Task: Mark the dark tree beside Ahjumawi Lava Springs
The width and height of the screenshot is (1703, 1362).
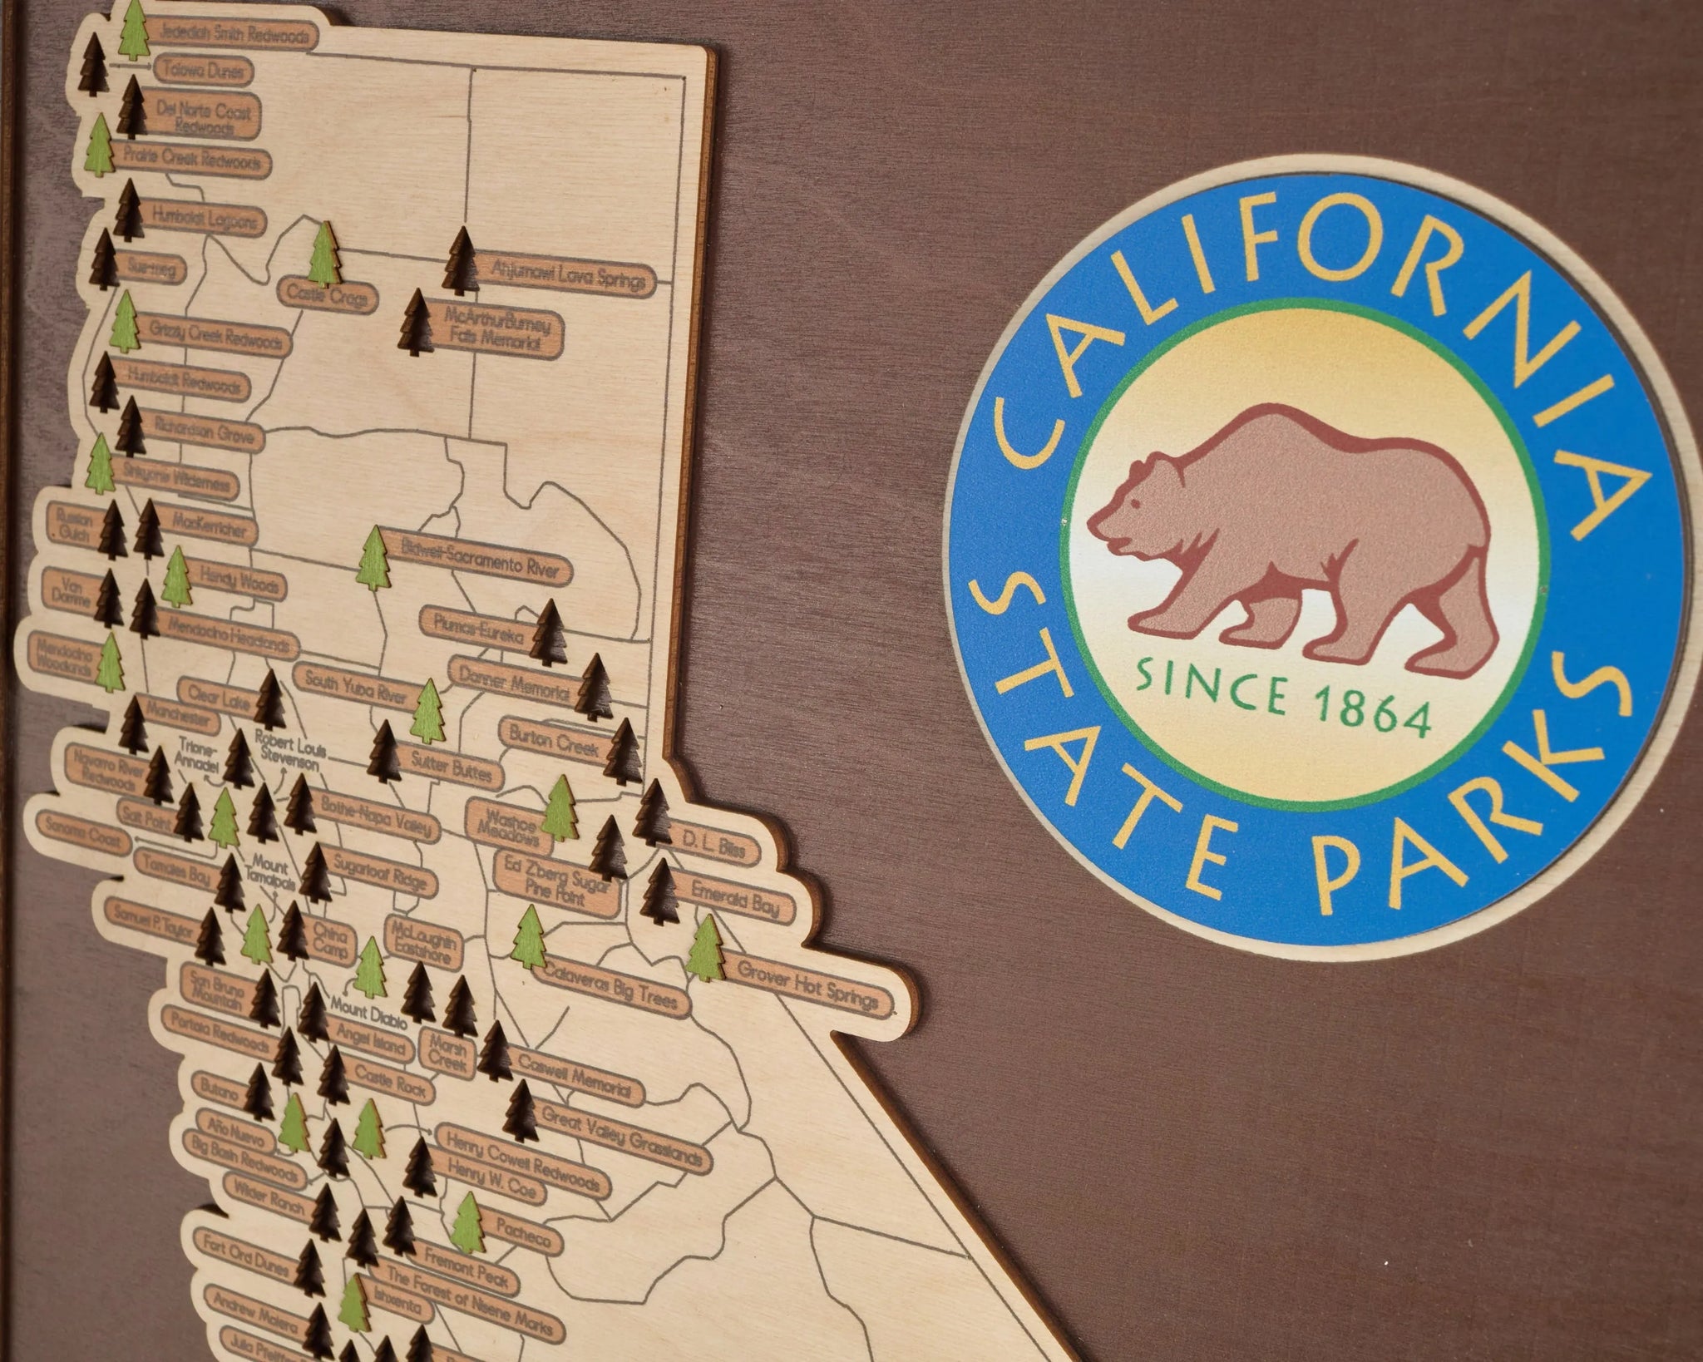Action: click(x=460, y=261)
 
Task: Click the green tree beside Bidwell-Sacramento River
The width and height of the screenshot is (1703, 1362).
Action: click(x=374, y=558)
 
